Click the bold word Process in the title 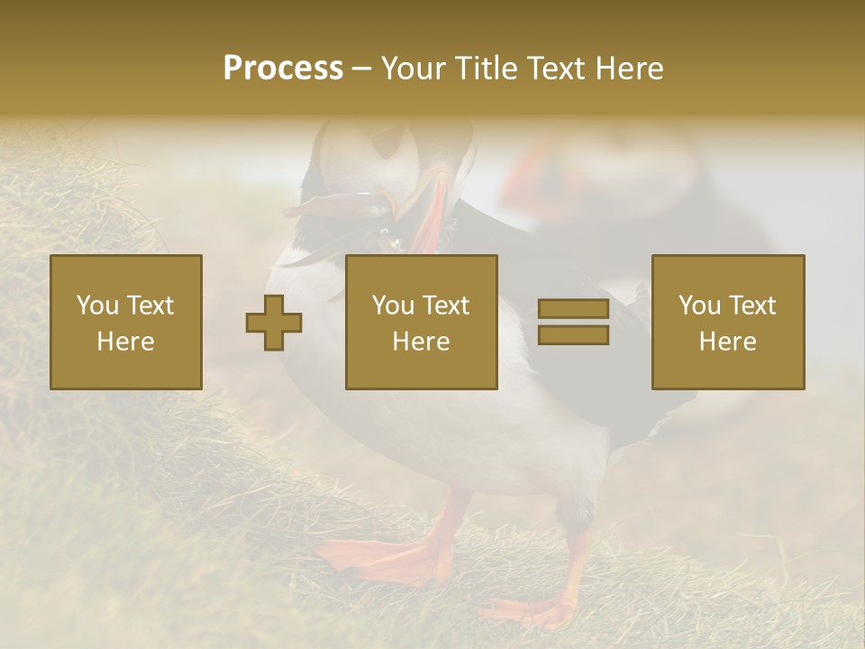[x=283, y=69]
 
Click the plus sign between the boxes [x=274, y=323]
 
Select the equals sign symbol [x=573, y=322]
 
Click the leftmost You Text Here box [x=125, y=322]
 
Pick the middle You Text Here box [x=421, y=322]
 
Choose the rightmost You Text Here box [x=727, y=322]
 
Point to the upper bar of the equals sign [x=573, y=309]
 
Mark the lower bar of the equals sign [x=573, y=335]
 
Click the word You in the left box [x=97, y=306]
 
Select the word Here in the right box [x=727, y=342]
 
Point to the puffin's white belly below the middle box [x=432, y=433]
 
